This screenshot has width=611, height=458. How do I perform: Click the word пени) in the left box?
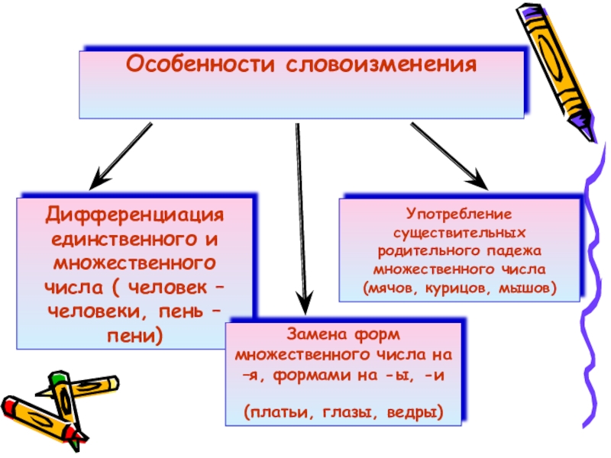135,334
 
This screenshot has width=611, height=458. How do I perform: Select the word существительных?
460,231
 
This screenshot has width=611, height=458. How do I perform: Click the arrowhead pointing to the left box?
98,182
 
